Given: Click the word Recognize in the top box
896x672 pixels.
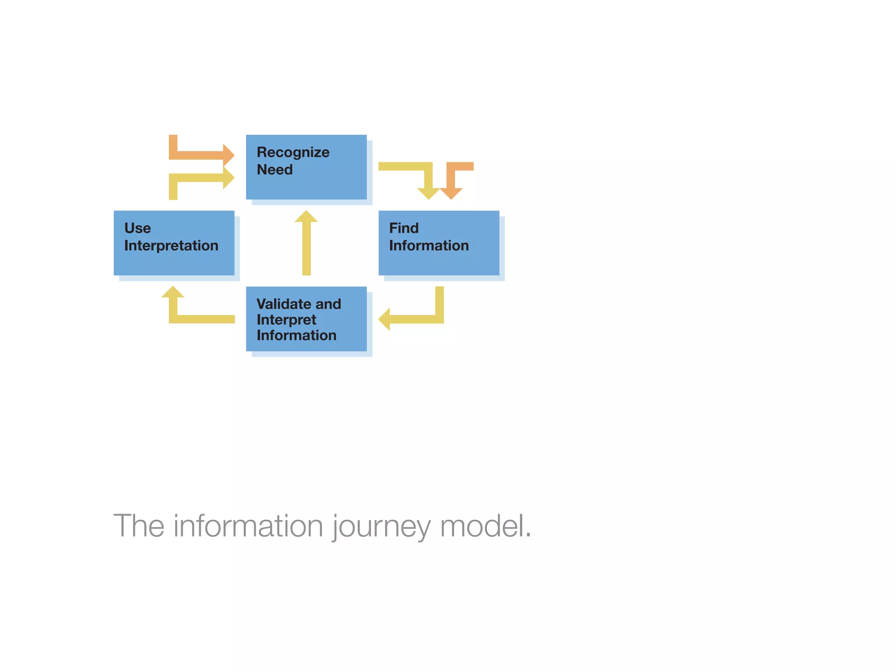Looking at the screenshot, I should coord(293,152).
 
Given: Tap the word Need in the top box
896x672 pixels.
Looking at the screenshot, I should coord(274,170).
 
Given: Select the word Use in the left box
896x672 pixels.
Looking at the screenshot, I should coord(137,228).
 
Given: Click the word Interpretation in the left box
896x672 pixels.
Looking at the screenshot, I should coord(171,246).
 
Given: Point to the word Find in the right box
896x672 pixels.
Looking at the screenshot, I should coord(403,228).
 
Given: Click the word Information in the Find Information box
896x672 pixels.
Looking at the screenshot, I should coord(429,246).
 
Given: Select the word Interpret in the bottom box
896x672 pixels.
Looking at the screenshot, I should coord(286,320).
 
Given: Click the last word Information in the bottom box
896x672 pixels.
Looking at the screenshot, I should coord(296,336).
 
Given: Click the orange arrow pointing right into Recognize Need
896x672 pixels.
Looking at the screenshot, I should coord(201,155).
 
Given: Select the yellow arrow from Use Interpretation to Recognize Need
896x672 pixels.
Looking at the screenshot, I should coord(201,178).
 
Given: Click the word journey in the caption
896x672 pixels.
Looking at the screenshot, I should coord(381,526).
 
